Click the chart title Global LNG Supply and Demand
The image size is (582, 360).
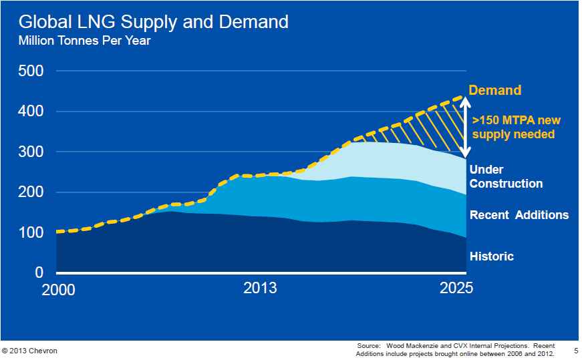click(x=154, y=22)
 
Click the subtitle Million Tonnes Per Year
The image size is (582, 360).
click(x=84, y=41)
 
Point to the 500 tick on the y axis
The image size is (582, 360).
click(x=31, y=71)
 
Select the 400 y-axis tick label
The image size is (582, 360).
click(x=31, y=112)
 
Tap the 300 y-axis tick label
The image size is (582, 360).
click(x=31, y=152)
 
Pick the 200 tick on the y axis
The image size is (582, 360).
click(x=31, y=192)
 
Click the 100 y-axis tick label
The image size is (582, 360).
click(x=31, y=232)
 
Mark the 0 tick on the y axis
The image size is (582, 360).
click(x=39, y=273)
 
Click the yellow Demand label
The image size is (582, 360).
click(x=494, y=90)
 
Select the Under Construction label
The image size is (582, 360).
click(x=506, y=176)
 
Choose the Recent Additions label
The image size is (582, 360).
click(x=519, y=215)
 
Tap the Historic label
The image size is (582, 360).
click(x=492, y=256)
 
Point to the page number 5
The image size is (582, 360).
click(x=576, y=350)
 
